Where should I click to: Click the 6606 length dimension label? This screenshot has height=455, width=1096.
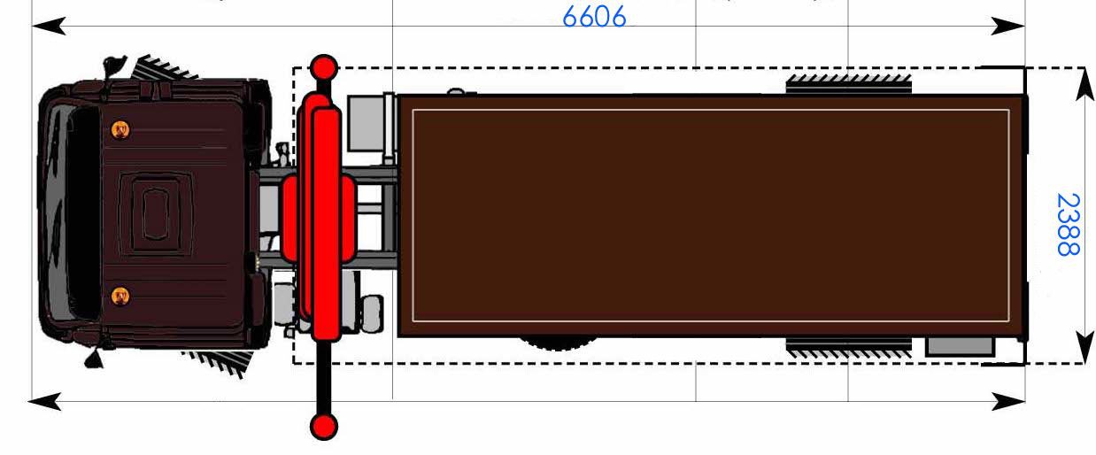(x=594, y=17)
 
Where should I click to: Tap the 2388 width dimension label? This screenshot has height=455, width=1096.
(x=1068, y=225)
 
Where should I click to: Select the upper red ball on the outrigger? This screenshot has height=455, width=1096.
(x=324, y=68)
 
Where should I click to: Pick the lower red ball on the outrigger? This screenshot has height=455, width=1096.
(x=324, y=427)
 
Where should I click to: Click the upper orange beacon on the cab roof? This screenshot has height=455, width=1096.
(x=120, y=129)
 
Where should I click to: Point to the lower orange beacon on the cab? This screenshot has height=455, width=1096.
(x=120, y=296)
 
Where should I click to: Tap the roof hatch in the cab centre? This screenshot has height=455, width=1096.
(x=156, y=214)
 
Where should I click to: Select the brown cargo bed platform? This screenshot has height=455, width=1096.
(x=711, y=216)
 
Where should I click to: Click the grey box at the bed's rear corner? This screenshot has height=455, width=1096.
(x=960, y=346)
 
